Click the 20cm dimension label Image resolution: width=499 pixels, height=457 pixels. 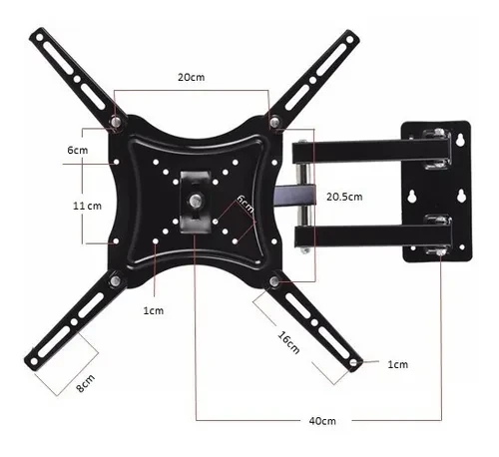point(192,77)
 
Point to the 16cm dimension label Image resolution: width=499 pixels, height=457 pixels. point(287,339)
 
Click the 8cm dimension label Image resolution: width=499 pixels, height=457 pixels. point(87,380)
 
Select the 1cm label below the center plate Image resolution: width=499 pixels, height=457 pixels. point(153,310)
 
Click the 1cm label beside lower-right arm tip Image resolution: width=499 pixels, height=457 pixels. point(397,364)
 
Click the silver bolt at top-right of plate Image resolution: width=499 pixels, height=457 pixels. point(273,123)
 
